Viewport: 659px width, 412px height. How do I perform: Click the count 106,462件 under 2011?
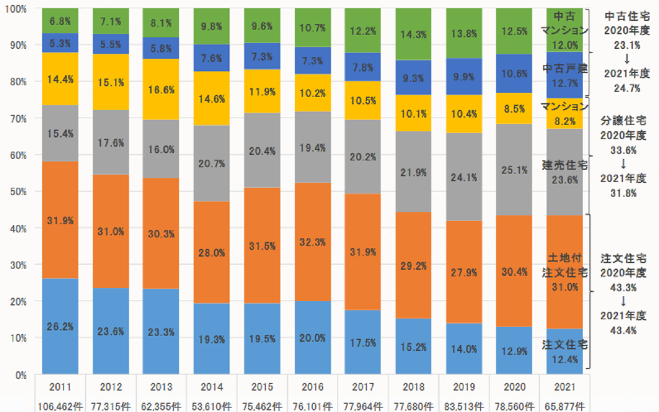point(60,407)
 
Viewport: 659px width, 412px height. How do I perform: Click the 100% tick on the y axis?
point(15,9)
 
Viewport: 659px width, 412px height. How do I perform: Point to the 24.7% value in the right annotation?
point(626,88)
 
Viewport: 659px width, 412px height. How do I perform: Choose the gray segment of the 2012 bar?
point(110,142)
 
